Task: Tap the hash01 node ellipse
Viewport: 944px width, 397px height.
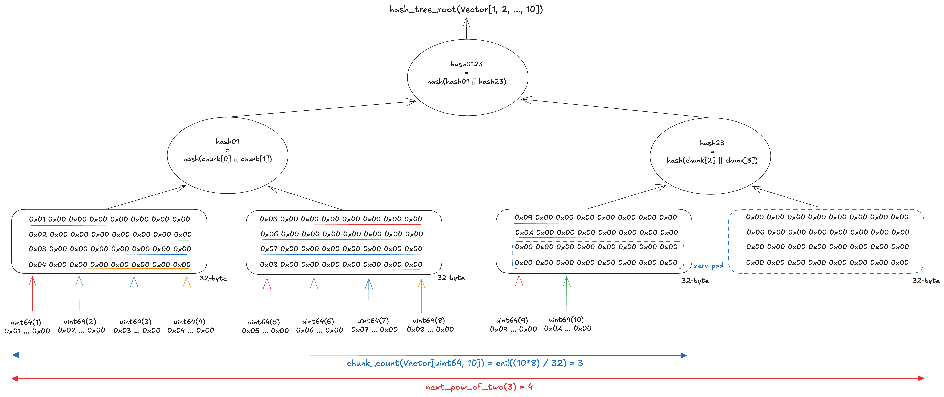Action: [x=227, y=155]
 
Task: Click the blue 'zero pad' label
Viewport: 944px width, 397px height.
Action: [x=708, y=266]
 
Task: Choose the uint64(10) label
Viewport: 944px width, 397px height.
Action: [x=566, y=320]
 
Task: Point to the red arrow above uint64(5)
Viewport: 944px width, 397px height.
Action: [x=267, y=295]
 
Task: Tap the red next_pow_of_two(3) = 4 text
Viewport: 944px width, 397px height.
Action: [x=479, y=387]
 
